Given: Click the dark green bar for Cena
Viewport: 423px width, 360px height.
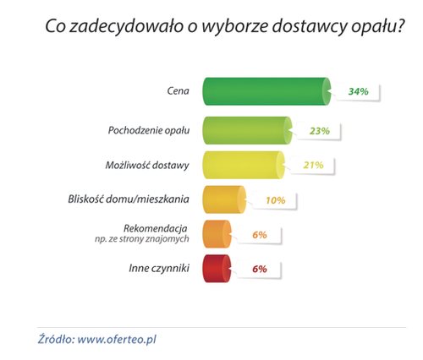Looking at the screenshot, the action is pyautogui.click(x=266, y=91).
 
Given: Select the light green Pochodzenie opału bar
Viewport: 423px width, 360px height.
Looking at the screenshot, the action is pyautogui.click(x=247, y=130).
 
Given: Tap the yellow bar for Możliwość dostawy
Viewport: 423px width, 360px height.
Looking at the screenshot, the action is pyautogui.click(x=244, y=165).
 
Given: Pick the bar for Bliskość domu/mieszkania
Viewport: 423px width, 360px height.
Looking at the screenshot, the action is pyautogui.click(x=224, y=199).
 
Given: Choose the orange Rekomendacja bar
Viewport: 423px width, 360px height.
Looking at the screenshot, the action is pyautogui.click(x=217, y=234).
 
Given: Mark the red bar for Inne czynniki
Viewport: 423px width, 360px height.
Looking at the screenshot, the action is pyautogui.click(x=217, y=269).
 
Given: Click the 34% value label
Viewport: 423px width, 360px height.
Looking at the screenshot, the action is pyautogui.click(x=358, y=91).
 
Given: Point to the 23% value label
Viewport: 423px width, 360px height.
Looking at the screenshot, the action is pyautogui.click(x=320, y=131).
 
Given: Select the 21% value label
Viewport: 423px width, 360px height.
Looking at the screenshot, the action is pyautogui.click(x=313, y=165).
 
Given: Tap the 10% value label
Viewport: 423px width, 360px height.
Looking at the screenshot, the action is pyautogui.click(x=276, y=200).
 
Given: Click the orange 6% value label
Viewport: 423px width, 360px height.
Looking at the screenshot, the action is pyautogui.click(x=260, y=235).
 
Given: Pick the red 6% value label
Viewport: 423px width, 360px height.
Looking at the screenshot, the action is pyautogui.click(x=260, y=269).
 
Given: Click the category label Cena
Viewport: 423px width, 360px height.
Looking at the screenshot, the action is pyautogui.click(x=178, y=91).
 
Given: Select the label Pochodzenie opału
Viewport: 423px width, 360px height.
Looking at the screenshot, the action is pyautogui.click(x=149, y=130).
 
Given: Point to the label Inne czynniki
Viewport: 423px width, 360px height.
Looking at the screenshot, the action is pyautogui.click(x=159, y=268).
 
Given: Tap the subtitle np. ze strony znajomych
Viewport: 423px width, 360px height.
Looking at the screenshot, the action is pyautogui.click(x=142, y=239).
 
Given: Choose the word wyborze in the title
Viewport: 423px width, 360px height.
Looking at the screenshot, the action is pyautogui.click(x=235, y=27).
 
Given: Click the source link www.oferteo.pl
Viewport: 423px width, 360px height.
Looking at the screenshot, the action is pyautogui.click(x=117, y=340).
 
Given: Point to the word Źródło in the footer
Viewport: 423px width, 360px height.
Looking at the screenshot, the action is pyautogui.click(x=56, y=339).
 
